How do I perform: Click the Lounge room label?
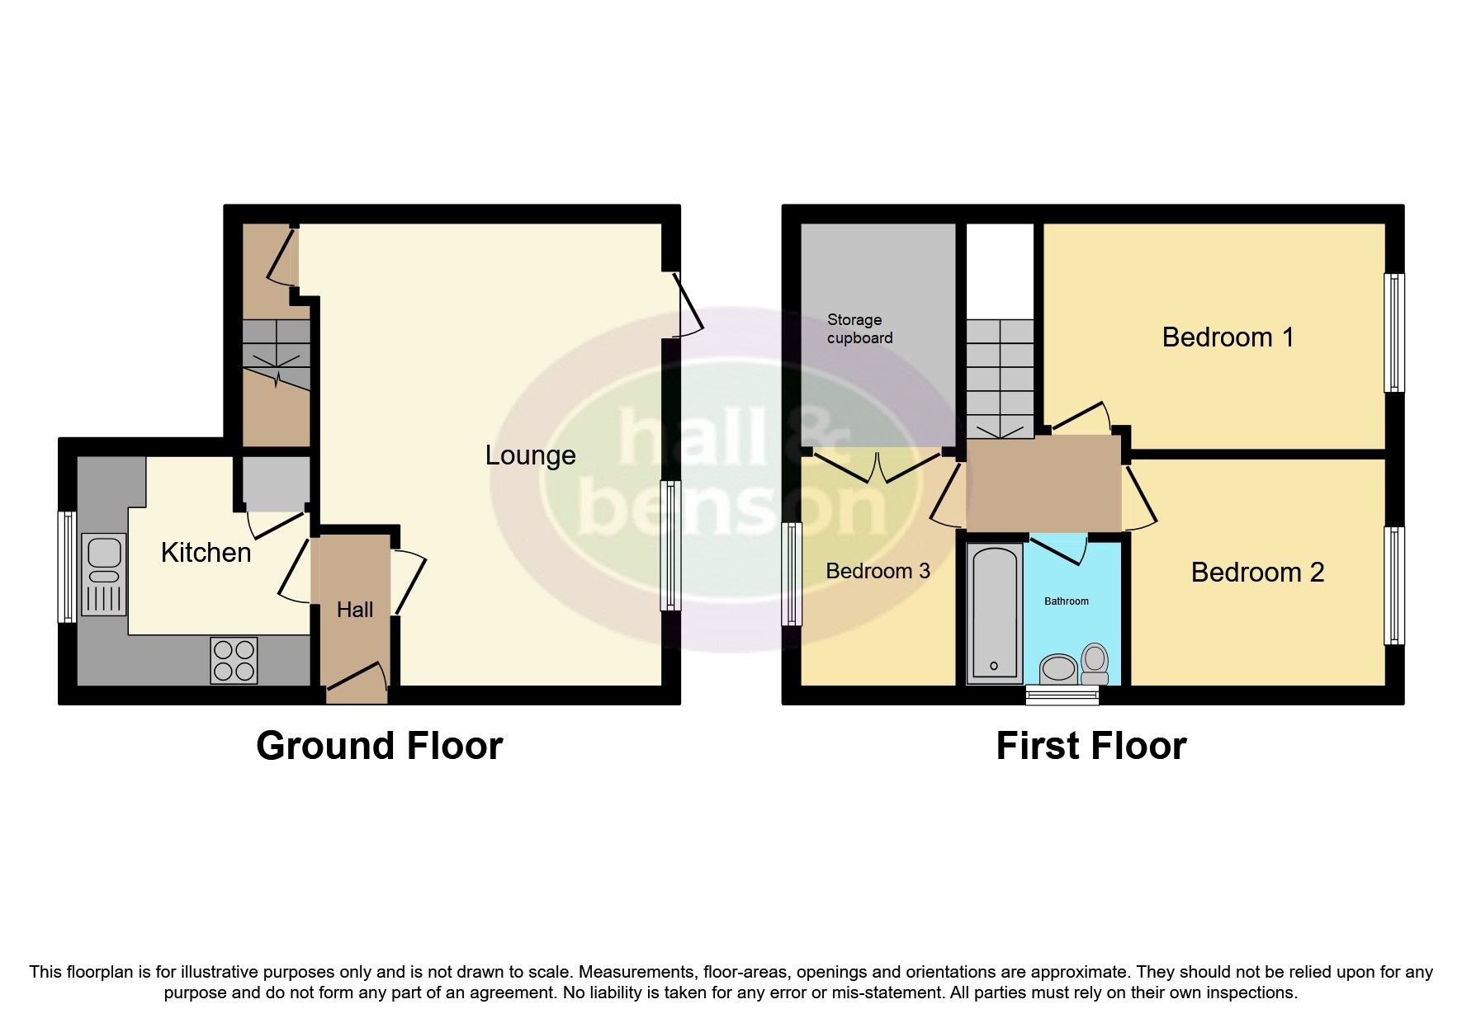click(x=530, y=455)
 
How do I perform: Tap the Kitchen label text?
click(x=206, y=553)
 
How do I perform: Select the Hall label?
click(x=355, y=610)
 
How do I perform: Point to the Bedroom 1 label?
click(x=1228, y=337)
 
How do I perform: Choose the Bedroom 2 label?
click(x=1257, y=573)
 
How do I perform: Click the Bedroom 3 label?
click(x=878, y=571)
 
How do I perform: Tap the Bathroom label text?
click(x=1067, y=601)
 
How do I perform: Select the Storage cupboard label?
click(x=859, y=328)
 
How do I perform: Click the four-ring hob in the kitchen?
click(x=234, y=661)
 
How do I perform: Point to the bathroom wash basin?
click(x=1057, y=668)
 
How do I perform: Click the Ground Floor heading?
click(x=379, y=746)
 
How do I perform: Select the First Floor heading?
click(x=1091, y=746)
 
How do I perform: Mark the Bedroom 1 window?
click(x=1393, y=332)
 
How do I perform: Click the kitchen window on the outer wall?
click(x=67, y=567)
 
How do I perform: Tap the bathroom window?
click(x=1062, y=696)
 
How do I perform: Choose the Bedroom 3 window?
click(x=792, y=573)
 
